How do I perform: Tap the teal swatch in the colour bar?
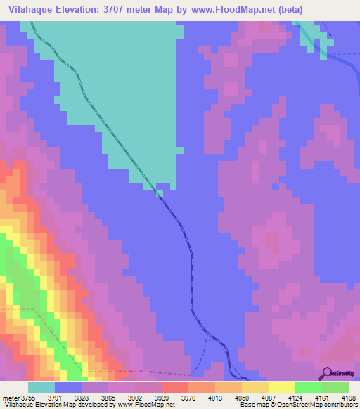click(x=41, y=387)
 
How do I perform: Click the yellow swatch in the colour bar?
click(x=281, y=387)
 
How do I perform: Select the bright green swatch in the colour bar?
click(x=308, y=387)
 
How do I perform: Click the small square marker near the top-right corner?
click(x=330, y=35)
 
